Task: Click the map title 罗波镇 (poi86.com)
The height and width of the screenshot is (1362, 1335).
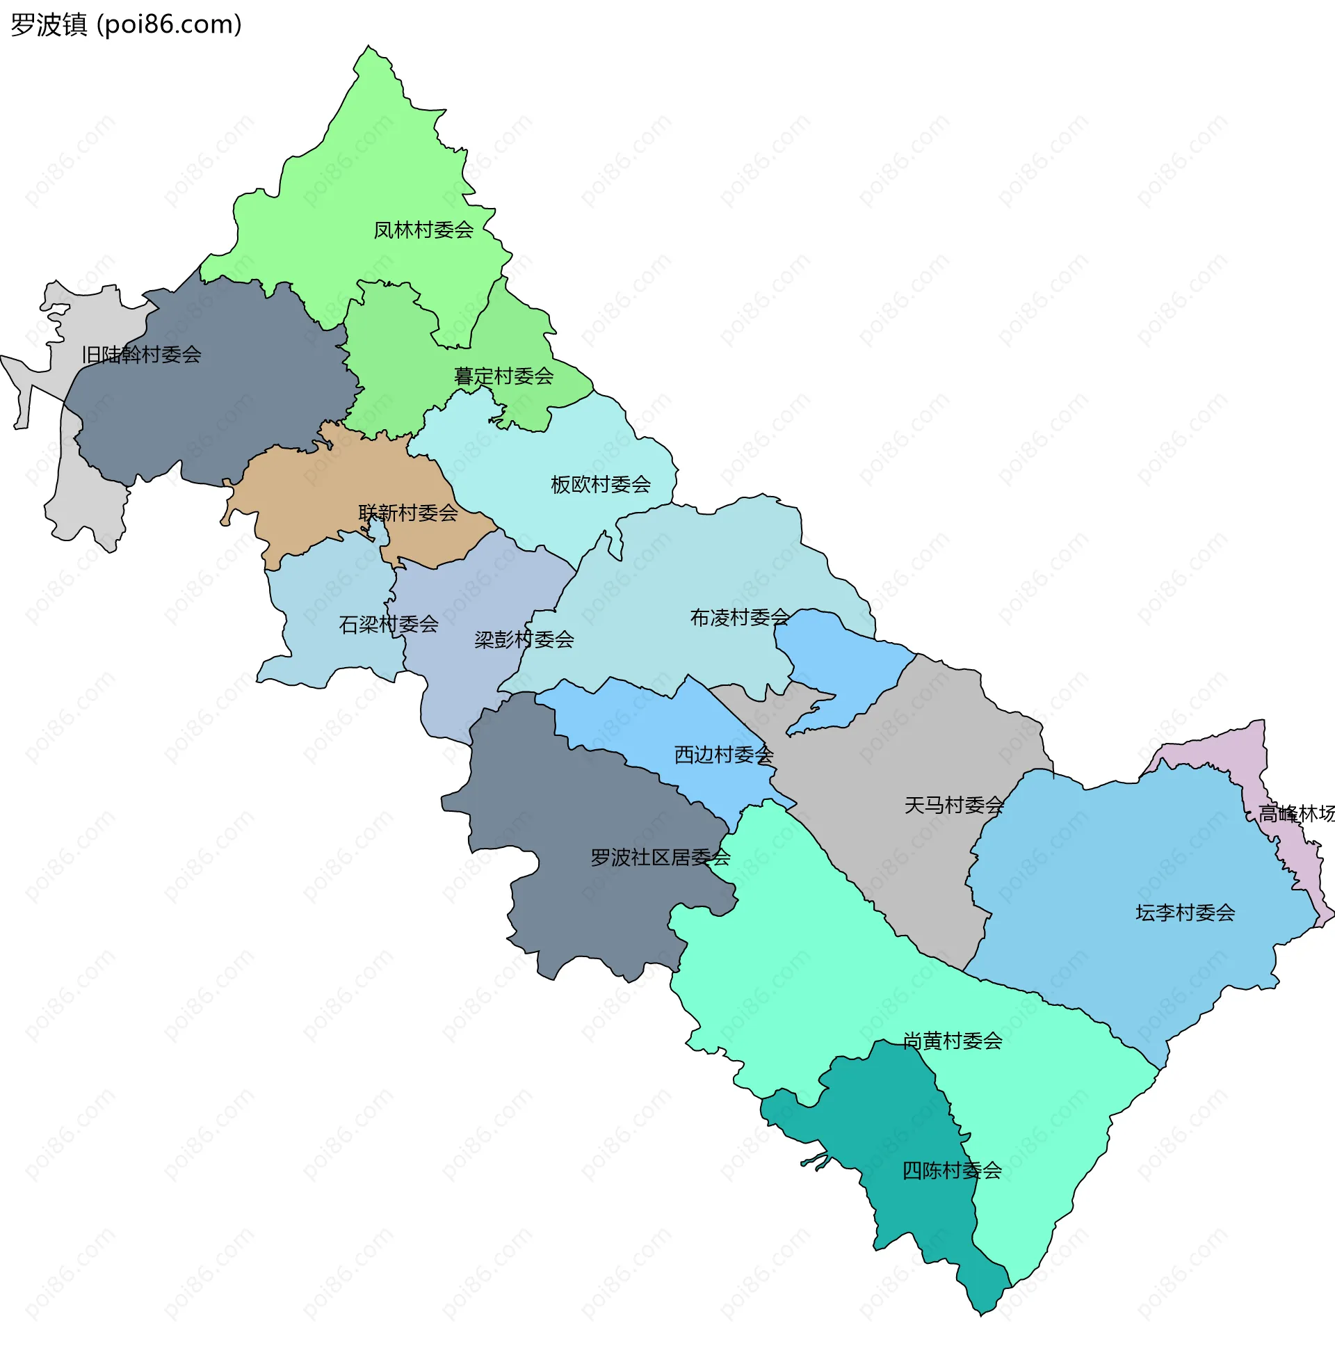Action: pos(127,24)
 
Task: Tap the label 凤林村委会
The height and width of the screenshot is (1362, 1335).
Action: pos(423,230)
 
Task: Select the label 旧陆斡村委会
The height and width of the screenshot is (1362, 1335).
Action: pos(142,355)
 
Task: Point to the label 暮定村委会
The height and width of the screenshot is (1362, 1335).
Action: pos(503,376)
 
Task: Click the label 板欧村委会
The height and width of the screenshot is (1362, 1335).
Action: pos(601,485)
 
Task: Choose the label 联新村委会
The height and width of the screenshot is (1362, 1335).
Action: pos(408,513)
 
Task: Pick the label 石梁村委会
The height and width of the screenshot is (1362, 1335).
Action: pos(389,624)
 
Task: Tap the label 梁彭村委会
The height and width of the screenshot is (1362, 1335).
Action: pos(524,640)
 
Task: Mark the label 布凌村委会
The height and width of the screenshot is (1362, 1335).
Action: pos(740,618)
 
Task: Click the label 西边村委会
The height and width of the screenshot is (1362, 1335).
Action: pos(724,755)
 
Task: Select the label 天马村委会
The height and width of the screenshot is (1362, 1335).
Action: pos(954,806)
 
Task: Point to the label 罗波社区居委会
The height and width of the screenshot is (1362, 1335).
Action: pos(661,858)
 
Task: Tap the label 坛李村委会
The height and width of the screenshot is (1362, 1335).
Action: pos(1185,913)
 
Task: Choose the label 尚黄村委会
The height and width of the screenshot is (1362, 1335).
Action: pos(952,1041)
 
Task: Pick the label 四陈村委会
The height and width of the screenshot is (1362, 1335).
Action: pos(952,1171)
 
